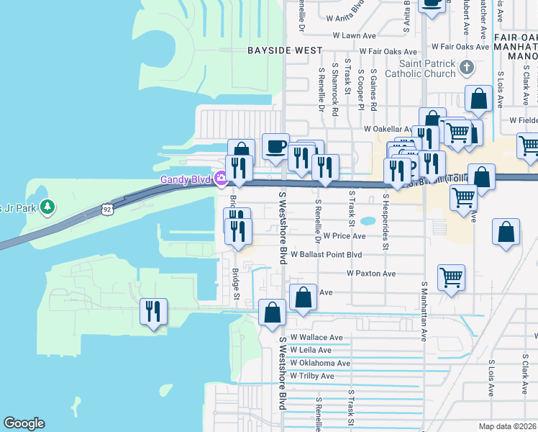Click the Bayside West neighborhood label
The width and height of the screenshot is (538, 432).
285,50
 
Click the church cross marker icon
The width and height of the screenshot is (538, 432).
467,68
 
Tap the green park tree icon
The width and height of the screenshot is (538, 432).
47,207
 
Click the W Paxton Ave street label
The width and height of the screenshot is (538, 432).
371,274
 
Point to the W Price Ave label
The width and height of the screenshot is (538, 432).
345,235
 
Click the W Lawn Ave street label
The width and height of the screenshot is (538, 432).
355,35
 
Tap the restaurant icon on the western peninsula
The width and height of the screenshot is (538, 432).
153,312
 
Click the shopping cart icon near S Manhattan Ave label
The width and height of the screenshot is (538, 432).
451,277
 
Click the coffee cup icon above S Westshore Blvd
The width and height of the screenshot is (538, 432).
275,147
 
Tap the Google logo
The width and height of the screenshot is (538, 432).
24,423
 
